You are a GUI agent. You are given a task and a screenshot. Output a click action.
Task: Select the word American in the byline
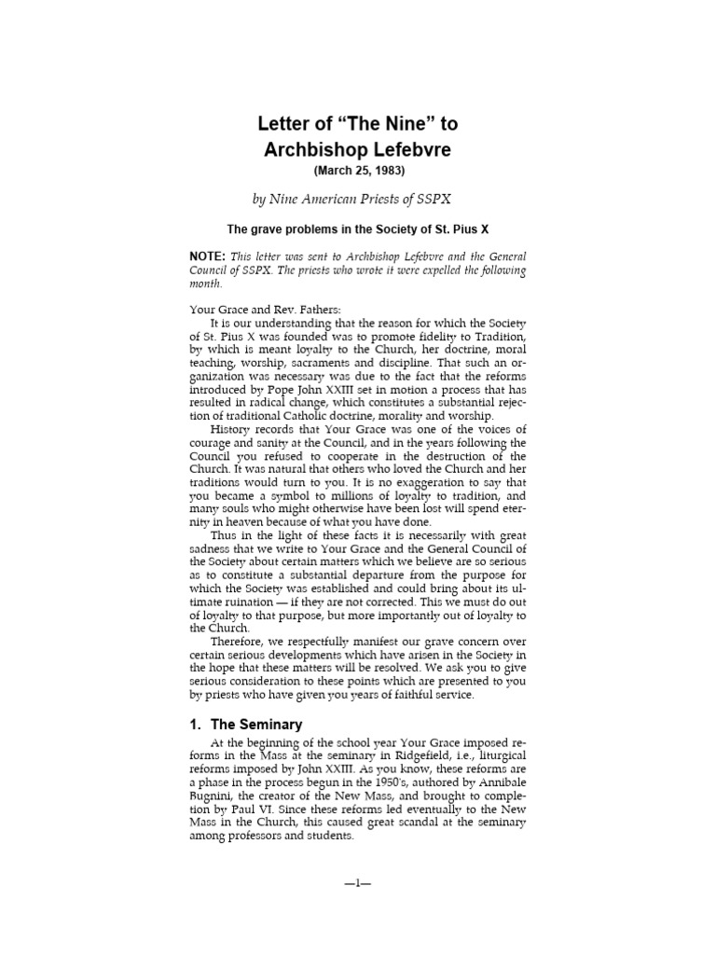tap(329, 199)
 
